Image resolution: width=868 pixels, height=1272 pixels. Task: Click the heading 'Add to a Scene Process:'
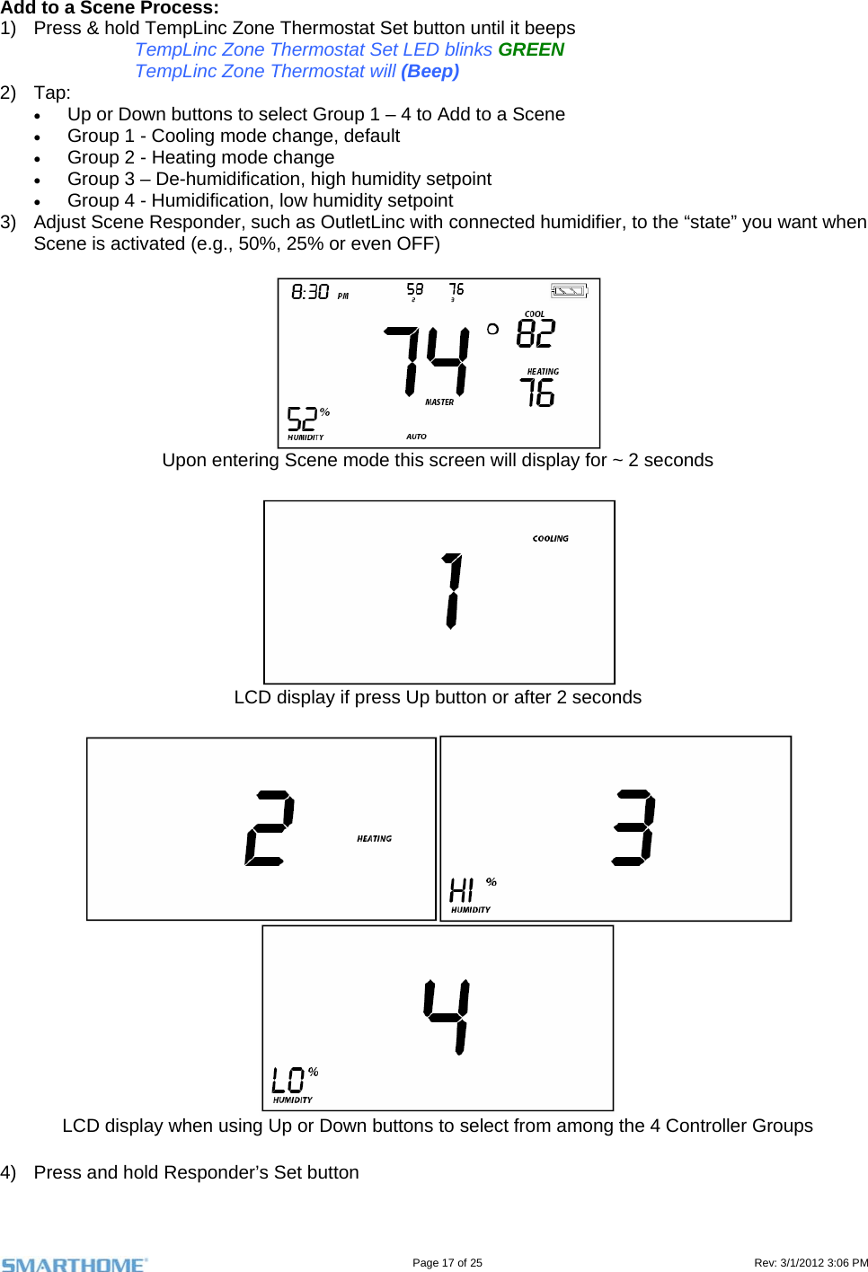[110, 8]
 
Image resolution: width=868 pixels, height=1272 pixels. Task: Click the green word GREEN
[531, 49]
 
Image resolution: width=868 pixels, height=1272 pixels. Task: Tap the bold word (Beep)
[430, 71]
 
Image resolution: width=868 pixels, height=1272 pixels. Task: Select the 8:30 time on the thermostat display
[310, 292]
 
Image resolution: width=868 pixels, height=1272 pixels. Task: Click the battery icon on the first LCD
[569, 290]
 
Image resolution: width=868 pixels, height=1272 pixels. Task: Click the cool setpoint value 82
[536, 334]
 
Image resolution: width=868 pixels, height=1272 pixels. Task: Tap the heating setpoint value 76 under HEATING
[537, 393]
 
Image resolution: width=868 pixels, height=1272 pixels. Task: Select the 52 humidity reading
[302, 420]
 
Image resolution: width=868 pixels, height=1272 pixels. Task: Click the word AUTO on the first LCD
[416, 437]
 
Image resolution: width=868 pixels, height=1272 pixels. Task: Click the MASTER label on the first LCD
[439, 402]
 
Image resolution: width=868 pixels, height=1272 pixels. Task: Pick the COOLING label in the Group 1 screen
[550, 539]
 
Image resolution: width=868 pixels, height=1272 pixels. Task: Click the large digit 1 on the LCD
[453, 591]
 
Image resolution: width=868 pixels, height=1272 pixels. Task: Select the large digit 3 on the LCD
[634, 827]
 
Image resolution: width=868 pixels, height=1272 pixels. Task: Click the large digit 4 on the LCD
[447, 1016]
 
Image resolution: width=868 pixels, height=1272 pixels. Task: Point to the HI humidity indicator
[462, 890]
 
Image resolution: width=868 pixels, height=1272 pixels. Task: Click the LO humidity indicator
[288, 1080]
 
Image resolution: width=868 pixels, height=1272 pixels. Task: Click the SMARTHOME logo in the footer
[74, 1264]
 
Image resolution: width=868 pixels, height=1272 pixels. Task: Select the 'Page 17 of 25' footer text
[447, 1263]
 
